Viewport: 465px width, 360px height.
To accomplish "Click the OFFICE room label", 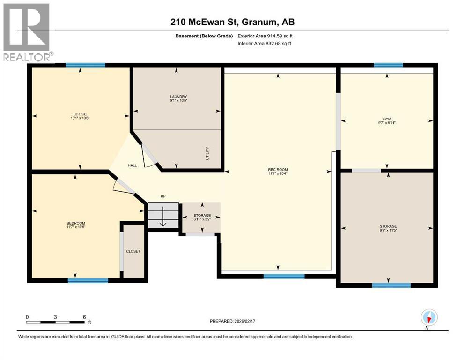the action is pyautogui.click(x=80, y=114).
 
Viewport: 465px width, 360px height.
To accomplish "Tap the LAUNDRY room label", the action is pyautogui.click(x=178, y=97).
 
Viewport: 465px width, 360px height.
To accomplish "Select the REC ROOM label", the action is pyautogui.click(x=278, y=170).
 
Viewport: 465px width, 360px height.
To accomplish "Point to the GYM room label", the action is pyautogui.click(x=387, y=119).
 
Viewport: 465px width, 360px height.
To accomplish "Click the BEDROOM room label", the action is pyautogui.click(x=76, y=223).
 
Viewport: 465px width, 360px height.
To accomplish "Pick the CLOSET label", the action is pyautogui.click(x=133, y=251).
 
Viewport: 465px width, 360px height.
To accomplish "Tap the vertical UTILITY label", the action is pyautogui.click(x=207, y=153).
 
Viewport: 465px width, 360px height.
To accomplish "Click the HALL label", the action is pyautogui.click(x=132, y=165).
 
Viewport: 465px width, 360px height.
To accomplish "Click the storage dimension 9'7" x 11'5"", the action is pyautogui.click(x=388, y=230).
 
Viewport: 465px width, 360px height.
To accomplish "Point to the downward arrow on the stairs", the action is pyautogui.click(x=163, y=216).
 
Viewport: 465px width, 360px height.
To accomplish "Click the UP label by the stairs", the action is pyautogui.click(x=163, y=196).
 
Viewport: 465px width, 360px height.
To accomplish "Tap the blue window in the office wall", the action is pyautogui.click(x=85, y=65).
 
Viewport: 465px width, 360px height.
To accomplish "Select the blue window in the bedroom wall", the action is pyautogui.click(x=88, y=280).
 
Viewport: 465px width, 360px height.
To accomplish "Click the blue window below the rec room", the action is pyautogui.click(x=284, y=276).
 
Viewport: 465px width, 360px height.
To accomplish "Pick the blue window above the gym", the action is pyautogui.click(x=389, y=65).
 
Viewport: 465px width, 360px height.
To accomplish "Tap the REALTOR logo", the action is pyautogui.click(x=28, y=32).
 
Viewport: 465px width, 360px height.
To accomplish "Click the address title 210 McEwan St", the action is pyautogui.click(x=205, y=22).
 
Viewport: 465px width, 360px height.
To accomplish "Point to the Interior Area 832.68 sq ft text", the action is pyautogui.click(x=264, y=43).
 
